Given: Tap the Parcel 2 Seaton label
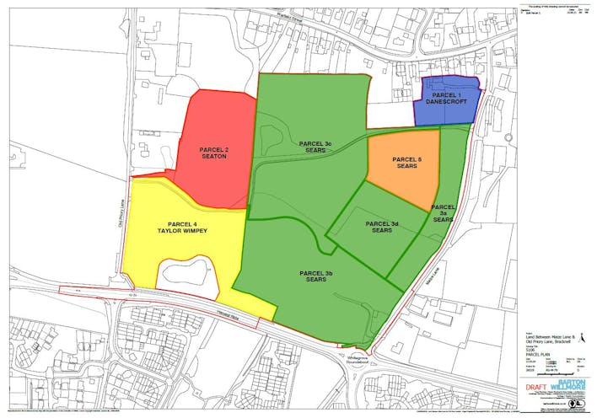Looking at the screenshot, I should point(214,153).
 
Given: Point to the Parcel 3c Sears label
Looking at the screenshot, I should point(315,147).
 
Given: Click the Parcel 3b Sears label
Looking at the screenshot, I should point(316,276).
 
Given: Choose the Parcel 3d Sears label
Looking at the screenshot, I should point(382,228).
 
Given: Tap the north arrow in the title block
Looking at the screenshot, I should point(581,406).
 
